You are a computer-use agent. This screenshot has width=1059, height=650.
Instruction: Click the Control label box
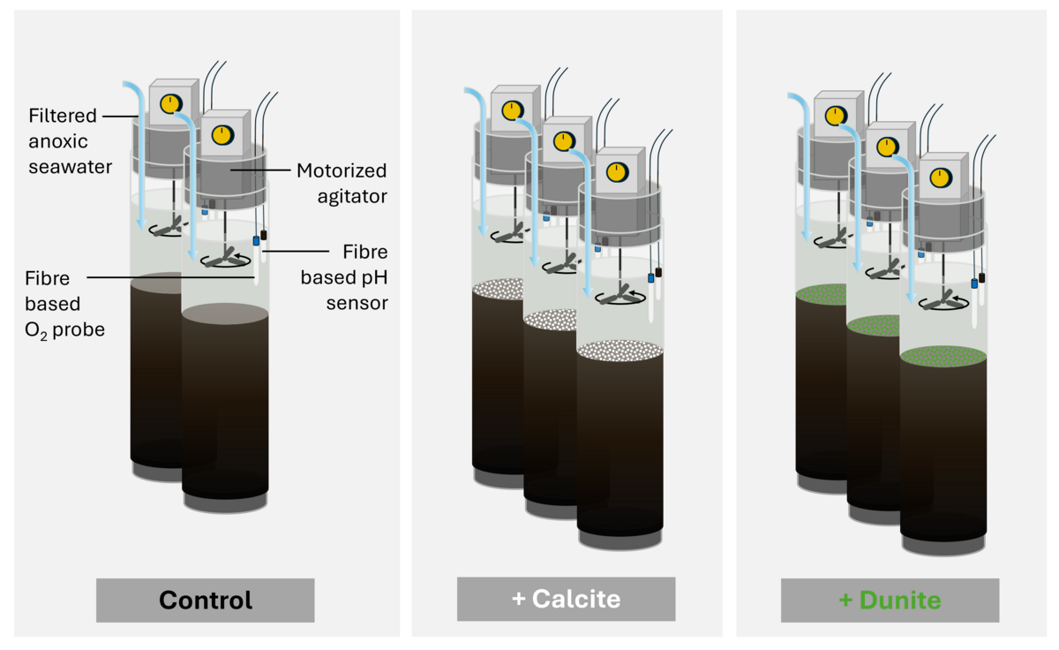[x=205, y=601]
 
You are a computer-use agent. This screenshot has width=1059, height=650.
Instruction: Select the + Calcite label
[x=566, y=600]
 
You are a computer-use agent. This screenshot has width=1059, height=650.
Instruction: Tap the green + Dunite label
[x=890, y=601]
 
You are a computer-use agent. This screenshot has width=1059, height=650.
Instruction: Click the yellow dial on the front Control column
[x=222, y=134]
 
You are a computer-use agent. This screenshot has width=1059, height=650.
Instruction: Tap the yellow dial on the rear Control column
[x=169, y=104]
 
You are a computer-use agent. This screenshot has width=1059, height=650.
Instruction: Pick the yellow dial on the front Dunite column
[x=939, y=177]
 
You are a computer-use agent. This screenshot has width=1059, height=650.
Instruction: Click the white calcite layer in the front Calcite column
[x=620, y=351]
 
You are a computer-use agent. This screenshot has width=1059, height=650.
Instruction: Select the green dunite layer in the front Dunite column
[x=943, y=356]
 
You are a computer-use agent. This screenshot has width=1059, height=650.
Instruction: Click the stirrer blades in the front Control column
[x=224, y=257]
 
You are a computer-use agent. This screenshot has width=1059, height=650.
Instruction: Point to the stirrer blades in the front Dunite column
[x=943, y=299]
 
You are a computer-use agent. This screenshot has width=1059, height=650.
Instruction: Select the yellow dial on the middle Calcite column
[x=562, y=139]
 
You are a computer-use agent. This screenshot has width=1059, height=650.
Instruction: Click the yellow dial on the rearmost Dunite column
[x=835, y=115]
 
